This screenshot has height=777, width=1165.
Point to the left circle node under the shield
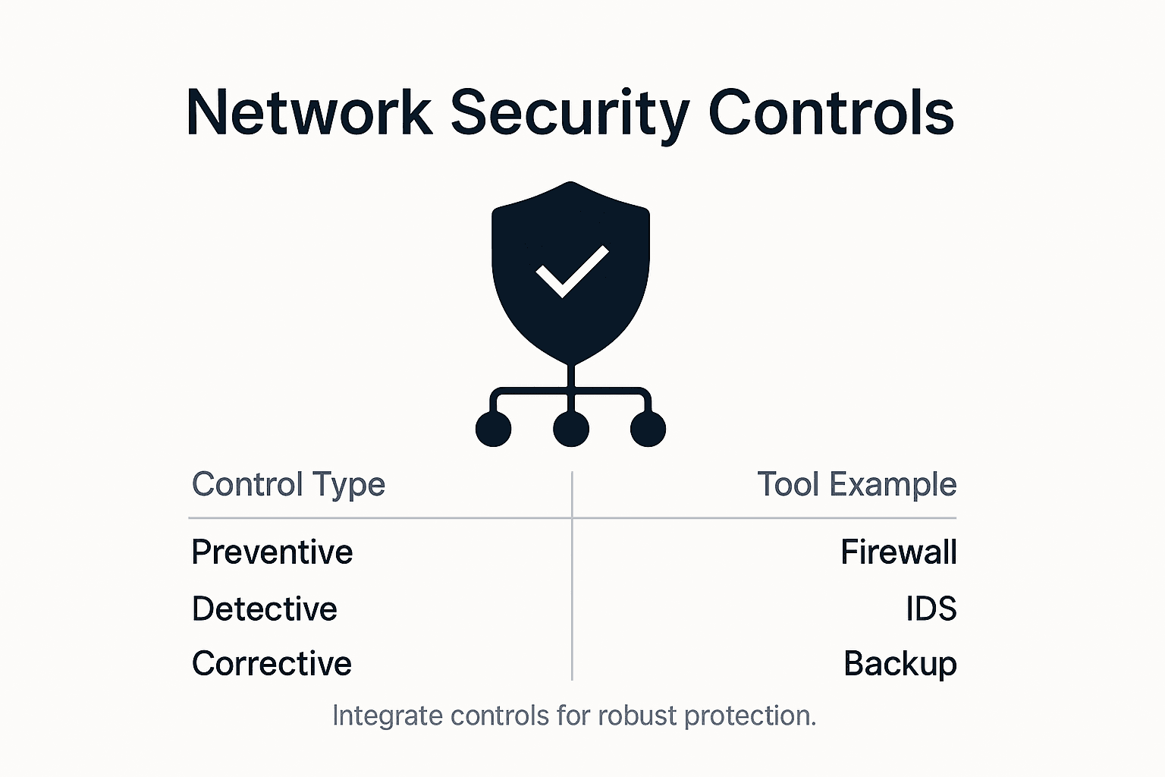click(x=494, y=429)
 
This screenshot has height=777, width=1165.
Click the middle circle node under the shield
click(x=571, y=429)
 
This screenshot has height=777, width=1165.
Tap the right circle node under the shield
click(x=648, y=429)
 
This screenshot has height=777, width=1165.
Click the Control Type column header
click(x=288, y=485)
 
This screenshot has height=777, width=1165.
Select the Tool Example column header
click(x=857, y=484)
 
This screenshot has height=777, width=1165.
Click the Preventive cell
click(x=272, y=552)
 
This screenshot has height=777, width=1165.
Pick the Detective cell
click(x=264, y=609)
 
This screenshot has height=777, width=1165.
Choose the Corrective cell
click(x=272, y=663)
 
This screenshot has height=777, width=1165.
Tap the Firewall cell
click(x=899, y=552)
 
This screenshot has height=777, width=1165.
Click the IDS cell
click(x=931, y=609)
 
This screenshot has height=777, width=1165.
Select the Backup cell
click(x=900, y=664)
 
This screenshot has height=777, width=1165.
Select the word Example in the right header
click(x=893, y=485)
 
